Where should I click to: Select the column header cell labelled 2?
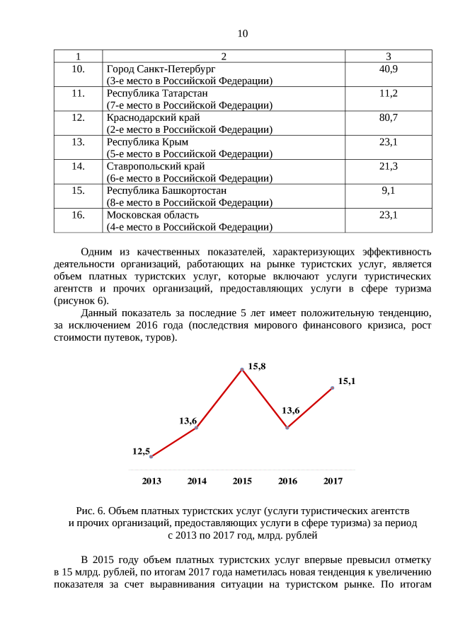(223, 57)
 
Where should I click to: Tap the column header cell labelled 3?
(388, 57)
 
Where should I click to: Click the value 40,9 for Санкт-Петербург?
(388, 69)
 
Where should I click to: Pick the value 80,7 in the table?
(388, 117)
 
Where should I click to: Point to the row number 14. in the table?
(79, 166)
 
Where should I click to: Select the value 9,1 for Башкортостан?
(388, 190)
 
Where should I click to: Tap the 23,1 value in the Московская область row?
(388, 215)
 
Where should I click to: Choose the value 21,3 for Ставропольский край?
(388, 166)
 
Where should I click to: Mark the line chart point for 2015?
(242, 369)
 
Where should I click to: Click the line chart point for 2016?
(287, 428)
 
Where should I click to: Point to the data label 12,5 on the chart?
(141, 450)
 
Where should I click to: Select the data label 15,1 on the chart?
(346, 381)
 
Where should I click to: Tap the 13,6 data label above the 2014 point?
(188, 421)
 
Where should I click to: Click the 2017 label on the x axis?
(333, 482)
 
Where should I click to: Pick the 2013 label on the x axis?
(151, 482)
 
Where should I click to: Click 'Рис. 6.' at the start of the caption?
(91, 511)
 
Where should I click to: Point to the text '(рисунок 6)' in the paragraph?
(81, 301)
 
